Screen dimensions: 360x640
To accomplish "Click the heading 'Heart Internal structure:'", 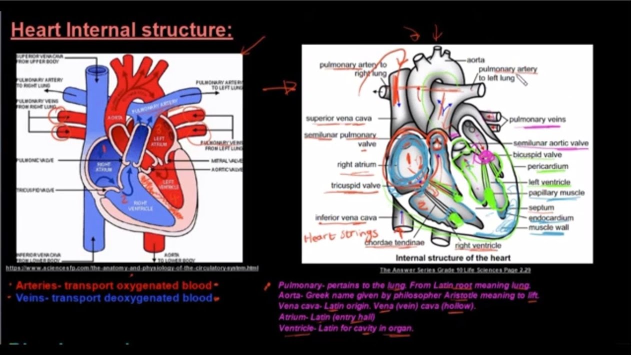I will click(x=121, y=30).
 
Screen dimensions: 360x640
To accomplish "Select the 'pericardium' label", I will click(x=547, y=166).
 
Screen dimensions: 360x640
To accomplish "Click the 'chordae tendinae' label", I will click(x=394, y=242).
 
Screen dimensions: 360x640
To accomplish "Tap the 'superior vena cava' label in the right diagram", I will click(x=338, y=118).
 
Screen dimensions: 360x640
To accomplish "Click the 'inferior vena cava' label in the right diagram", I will click(x=345, y=217).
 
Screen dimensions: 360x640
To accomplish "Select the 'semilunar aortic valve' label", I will click(x=550, y=143).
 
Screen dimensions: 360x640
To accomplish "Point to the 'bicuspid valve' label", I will click(x=544, y=154).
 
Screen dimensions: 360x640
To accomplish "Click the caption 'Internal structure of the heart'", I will click(x=453, y=258).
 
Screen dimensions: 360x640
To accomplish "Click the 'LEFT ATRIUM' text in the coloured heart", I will click(x=158, y=141).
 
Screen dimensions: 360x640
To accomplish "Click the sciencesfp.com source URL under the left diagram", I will click(x=132, y=268).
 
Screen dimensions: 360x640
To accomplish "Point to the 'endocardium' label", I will click(x=551, y=217).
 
